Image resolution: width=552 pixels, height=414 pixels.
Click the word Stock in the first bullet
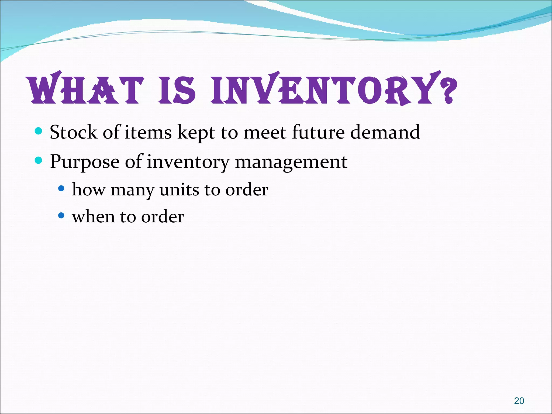click(x=73, y=132)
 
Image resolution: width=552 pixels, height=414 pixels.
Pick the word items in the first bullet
click(x=148, y=132)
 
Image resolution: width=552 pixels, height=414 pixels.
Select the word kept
click(x=196, y=133)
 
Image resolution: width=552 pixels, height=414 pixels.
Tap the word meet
click(x=265, y=132)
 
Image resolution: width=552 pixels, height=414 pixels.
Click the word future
click(x=318, y=132)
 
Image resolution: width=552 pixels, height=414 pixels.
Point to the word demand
click(x=385, y=132)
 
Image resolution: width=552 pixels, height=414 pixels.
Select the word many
click(x=132, y=190)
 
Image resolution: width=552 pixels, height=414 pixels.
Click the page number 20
click(x=519, y=401)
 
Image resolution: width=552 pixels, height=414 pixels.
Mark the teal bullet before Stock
click(x=39, y=131)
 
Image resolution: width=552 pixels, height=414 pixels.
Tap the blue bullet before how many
click(x=61, y=188)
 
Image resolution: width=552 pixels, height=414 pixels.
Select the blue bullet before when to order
click(x=61, y=215)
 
